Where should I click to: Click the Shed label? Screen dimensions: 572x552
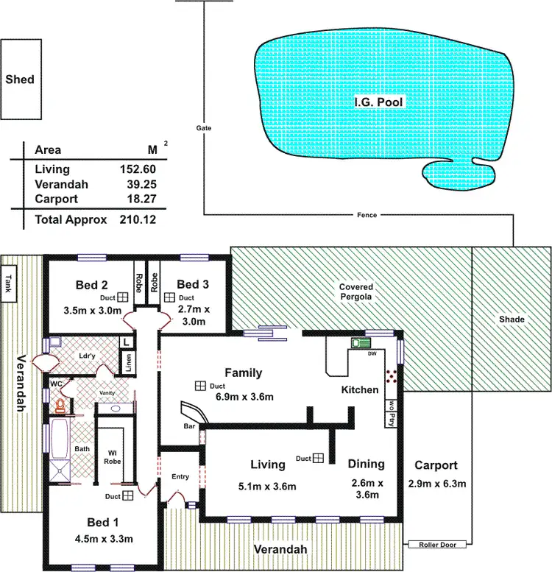click(20, 80)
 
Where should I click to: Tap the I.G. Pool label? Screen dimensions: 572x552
click(378, 102)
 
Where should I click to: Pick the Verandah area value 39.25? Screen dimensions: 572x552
click(138, 184)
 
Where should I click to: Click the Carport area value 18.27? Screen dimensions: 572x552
click(138, 199)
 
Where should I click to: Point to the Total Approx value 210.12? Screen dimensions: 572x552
click(138, 219)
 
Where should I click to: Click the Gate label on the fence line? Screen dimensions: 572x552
click(204, 127)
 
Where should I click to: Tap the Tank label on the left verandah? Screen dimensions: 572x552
click(9, 283)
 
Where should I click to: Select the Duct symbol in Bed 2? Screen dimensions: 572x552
click(124, 296)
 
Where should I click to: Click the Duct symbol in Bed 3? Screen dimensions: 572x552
click(170, 297)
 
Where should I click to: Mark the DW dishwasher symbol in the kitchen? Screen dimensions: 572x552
click(361, 344)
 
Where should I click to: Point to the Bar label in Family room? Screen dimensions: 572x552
click(188, 426)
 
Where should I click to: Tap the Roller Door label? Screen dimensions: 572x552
click(439, 545)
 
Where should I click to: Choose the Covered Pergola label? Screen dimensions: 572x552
click(355, 292)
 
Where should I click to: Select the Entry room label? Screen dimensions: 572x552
click(180, 476)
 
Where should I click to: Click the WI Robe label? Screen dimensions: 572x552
click(112, 456)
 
